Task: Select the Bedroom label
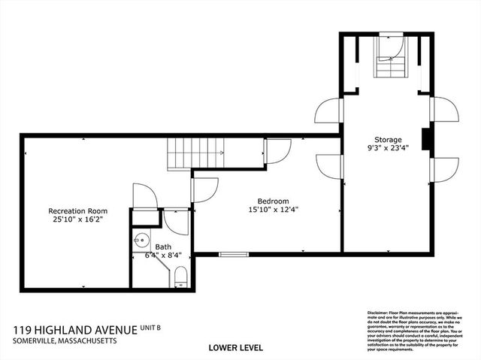273,201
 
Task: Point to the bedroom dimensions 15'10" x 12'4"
273,210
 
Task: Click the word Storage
389,140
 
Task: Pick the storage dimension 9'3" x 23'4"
389,149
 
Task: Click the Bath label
163,247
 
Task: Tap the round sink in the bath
141,242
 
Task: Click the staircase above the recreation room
195,154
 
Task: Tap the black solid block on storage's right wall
426,140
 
